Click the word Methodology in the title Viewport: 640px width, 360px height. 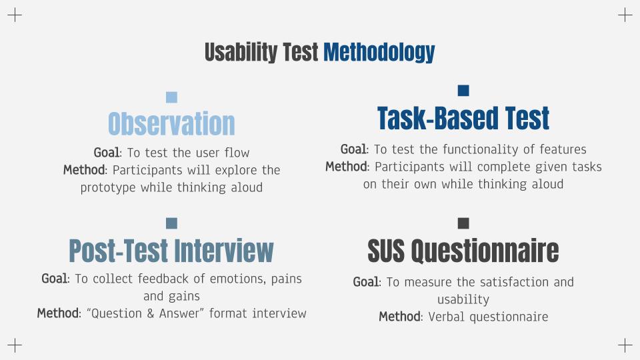pyautogui.click(x=379, y=53)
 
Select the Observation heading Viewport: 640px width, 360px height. pyautogui.click(x=171, y=123)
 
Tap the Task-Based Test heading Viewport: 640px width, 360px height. pyautogui.click(x=463, y=118)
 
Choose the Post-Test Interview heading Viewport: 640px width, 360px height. pyautogui.click(x=171, y=250)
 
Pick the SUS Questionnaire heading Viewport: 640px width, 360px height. pyautogui.click(x=463, y=250)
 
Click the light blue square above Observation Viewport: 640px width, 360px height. pyautogui.click(x=172, y=97)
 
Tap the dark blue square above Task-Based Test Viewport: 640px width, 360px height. pyautogui.click(x=463, y=91)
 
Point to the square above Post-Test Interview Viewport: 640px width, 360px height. pyautogui.click(x=172, y=223)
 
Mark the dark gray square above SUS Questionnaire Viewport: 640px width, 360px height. pyautogui.click(x=463, y=223)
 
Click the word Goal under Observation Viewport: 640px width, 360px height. pyautogui.click(x=107, y=153)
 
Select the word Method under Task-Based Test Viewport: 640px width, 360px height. pyautogui.click(x=346, y=167)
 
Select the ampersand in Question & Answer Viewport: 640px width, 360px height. pyautogui.click(x=151, y=313)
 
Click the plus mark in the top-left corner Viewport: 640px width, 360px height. pyautogui.click(x=15, y=15)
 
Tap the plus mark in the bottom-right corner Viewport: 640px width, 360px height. pyautogui.click(x=625, y=345)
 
